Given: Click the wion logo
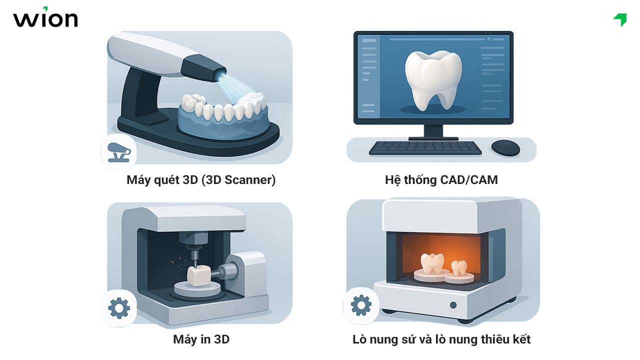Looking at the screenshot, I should point(45,18).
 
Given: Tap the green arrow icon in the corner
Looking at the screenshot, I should point(620,19).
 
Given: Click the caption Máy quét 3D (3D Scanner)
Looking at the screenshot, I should point(201,180).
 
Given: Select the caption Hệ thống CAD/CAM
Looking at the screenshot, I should point(441,180).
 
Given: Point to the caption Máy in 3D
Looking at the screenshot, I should point(201,339).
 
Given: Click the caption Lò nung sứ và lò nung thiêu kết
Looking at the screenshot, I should point(441,339).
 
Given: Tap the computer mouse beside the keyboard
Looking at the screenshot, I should point(505,147).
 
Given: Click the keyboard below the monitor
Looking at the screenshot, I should point(425,147).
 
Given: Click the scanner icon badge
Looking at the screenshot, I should point(118,151).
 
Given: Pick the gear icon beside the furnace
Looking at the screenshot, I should point(361,305).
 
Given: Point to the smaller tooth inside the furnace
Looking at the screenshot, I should point(458,267).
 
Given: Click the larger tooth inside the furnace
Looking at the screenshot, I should point(432,262).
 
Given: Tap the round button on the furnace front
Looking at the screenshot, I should point(453,305).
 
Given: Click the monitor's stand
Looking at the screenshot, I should point(433,131).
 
